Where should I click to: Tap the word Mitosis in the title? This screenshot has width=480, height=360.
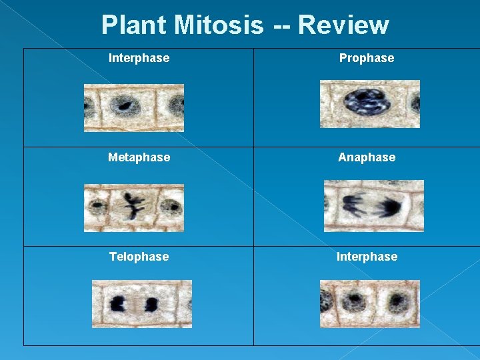tap(219, 25)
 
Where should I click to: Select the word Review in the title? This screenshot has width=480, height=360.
tap(343, 25)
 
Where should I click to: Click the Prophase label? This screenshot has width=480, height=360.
tap(367, 58)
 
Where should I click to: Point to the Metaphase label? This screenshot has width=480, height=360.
tap(139, 157)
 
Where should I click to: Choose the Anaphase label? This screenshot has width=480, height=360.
tap(367, 157)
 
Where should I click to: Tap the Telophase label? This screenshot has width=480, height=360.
tap(139, 257)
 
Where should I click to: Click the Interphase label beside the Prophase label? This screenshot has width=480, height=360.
tap(139, 58)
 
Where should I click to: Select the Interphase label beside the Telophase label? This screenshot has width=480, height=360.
tap(367, 257)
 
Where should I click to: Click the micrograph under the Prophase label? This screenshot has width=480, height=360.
tap(370, 104)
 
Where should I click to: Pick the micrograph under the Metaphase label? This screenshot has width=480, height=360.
tap(134, 207)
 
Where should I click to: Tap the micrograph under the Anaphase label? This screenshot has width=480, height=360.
tap(373, 206)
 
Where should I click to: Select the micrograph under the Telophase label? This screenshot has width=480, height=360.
tap(141, 304)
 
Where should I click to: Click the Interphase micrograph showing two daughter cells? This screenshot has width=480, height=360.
tap(370, 304)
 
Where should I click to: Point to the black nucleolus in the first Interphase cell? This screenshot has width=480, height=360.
tap(123, 105)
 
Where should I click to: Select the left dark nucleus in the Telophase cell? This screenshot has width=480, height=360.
tap(120, 305)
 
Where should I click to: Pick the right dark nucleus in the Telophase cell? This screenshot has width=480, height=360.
tap(151, 305)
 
